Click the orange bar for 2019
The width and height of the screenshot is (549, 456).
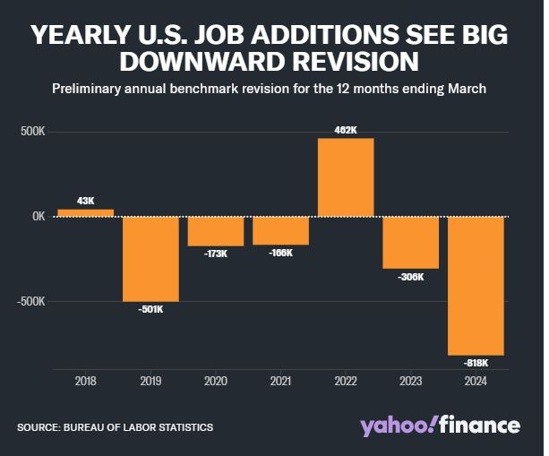pyautogui.click(x=150, y=259)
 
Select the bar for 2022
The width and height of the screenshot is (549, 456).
pyautogui.click(x=346, y=177)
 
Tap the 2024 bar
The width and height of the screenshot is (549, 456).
pyautogui.click(x=476, y=286)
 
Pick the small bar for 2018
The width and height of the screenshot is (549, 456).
pyautogui.click(x=85, y=213)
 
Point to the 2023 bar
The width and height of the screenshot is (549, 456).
pyautogui.click(x=411, y=242)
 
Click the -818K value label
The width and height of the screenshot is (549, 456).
pyautogui.click(x=476, y=363)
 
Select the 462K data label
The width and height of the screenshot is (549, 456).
pyautogui.click(x=346, y=130)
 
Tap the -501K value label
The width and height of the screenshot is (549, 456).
pyautogui.click(x=150, y=310)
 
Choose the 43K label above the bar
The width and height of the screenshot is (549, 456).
pyautogui.click(x=85, y=201)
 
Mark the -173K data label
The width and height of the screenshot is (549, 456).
pyautogui.click(x=215, y=254)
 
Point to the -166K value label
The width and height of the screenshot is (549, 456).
pyautogui.click(x=280, y=253)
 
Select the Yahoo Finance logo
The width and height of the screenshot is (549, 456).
pyautogui.click(x=440, y=426)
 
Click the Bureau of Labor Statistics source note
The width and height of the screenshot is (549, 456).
pyautogui.click(x=115, y=427)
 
